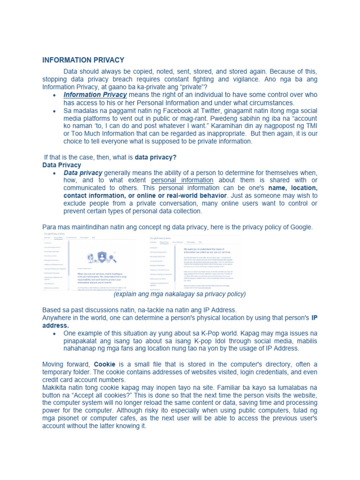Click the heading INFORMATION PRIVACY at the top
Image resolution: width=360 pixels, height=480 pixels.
pyautogui.click(x=83, y=60)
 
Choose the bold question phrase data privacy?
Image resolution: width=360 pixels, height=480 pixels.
pyautogui.click(x=156, y=157)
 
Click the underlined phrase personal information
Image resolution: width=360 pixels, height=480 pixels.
pyautogui.click(x=182, y=180)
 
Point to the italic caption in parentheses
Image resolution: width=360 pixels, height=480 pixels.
pyautogui.click(x=180, y=294)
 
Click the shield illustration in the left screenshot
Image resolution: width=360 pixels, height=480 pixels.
pyautogui.click(x=102, y=256)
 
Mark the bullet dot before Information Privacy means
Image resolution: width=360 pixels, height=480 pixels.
pyautogui.click(x=55, y=95)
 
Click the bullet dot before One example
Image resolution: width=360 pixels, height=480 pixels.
pyautogui.click(x=55, y=333)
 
